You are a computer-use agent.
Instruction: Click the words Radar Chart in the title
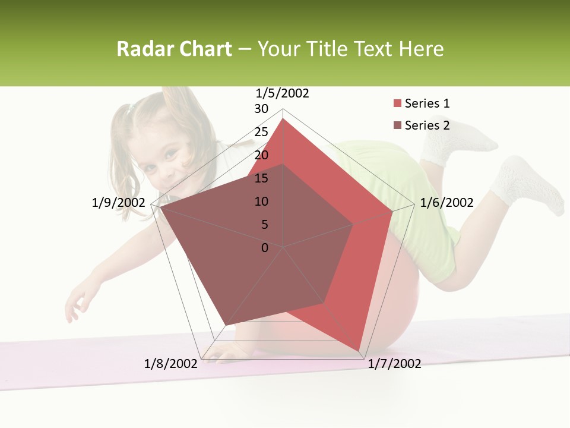[x=174, y=49]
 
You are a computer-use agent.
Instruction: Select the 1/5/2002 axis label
[x=282, y=93]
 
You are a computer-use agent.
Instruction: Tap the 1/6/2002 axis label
[x=446, y=203]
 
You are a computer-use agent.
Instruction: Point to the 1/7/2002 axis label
[x=394, y=364]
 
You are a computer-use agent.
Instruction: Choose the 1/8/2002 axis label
[x=170, y=364]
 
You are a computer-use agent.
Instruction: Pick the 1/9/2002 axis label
[x=118, y=203]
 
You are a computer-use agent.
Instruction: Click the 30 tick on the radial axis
[x=261, y=109]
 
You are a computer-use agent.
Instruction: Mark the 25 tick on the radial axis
[x=261, y=132]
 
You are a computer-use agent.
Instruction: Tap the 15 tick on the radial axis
[x=261, y=178]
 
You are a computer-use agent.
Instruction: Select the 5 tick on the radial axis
[x=264, y=225]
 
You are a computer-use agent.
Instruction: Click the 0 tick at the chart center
[x=265, y=248]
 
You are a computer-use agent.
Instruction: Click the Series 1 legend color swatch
[x=397, y=104]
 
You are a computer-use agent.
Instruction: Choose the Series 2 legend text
[x=427, y=125]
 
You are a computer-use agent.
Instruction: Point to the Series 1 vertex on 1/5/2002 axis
[x=283, y=118]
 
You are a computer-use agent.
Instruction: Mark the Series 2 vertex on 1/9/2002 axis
[x=161, y=207]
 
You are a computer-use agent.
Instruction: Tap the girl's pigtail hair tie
[x=132, y=108]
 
